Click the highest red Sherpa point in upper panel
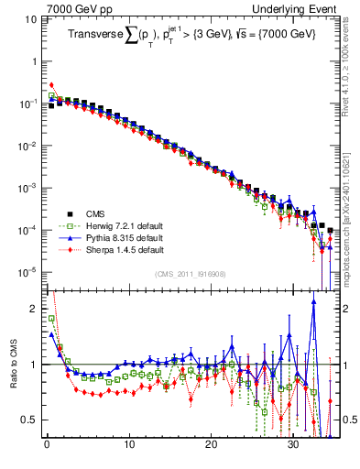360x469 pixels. tap(51, 85)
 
